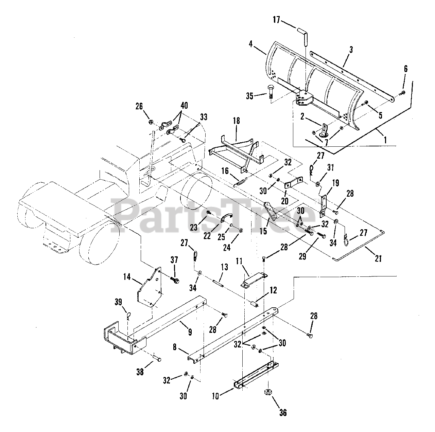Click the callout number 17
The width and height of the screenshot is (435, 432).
[276, 20]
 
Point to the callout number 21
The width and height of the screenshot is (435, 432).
[378, 258]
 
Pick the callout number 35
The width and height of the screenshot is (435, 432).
[250, 96]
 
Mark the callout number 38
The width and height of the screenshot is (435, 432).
[139, 372]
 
